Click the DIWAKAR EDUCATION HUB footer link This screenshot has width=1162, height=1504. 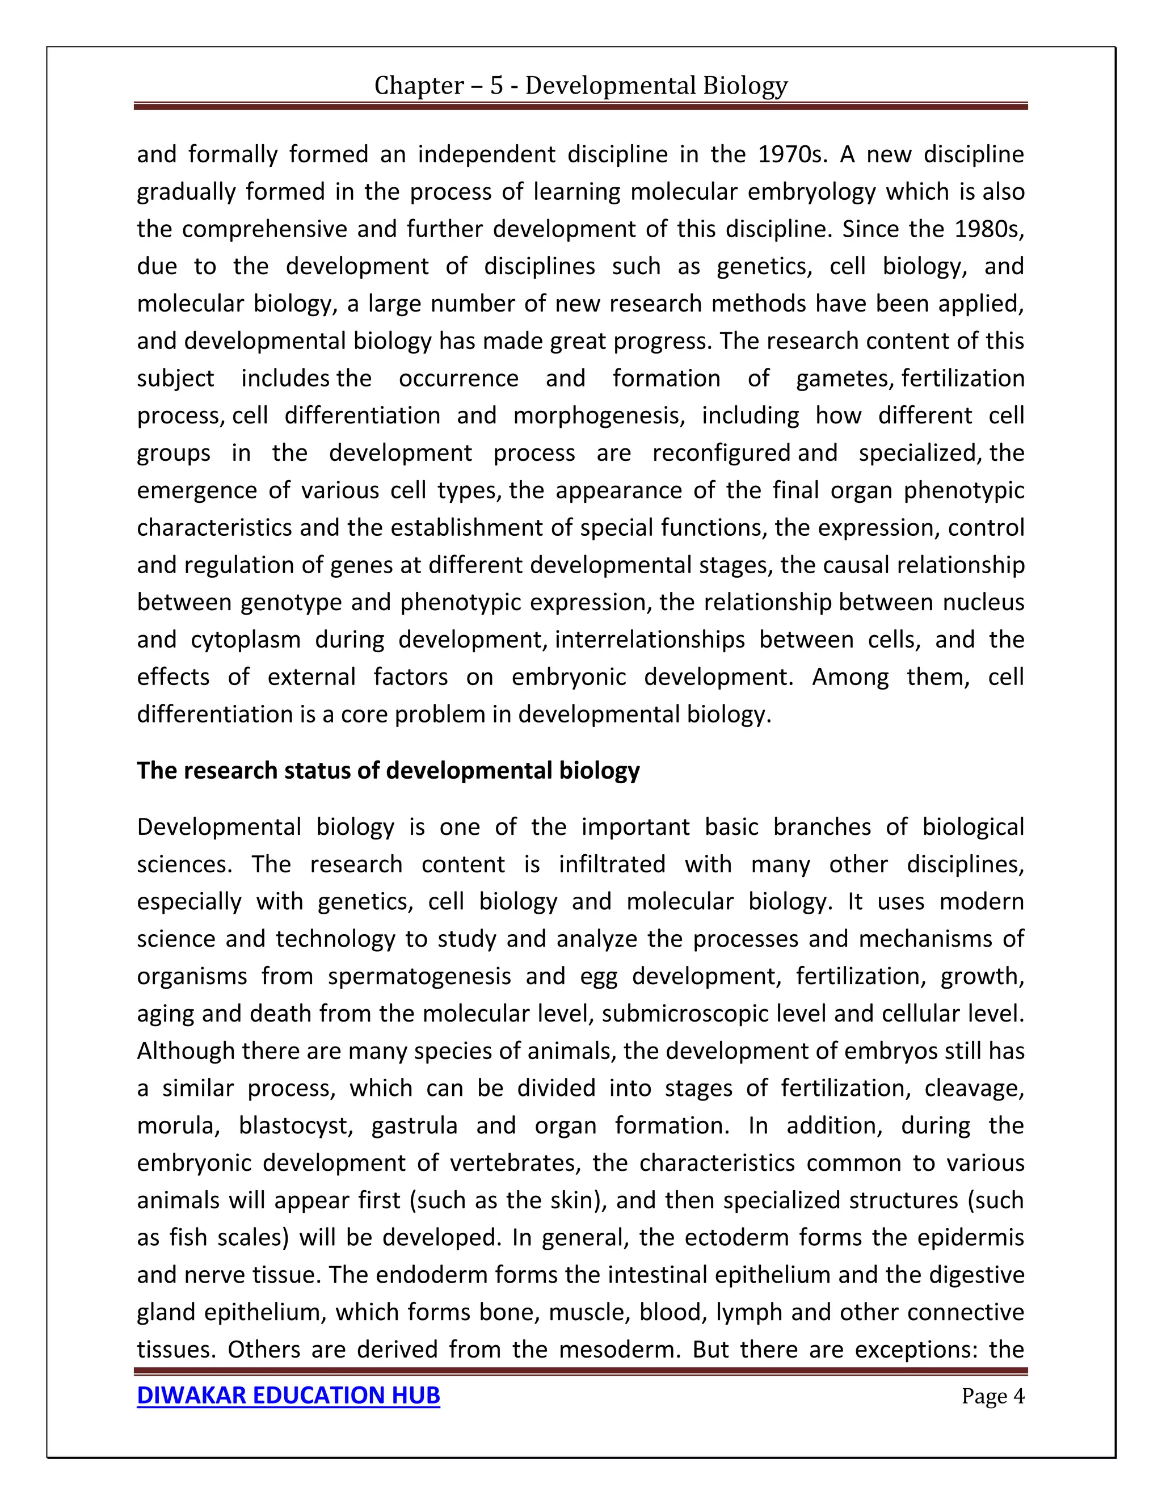[288, 1395]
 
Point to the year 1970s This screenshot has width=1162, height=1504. [790, 154]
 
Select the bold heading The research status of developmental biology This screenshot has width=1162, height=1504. [388, 770]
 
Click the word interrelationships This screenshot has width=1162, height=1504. [649, 640]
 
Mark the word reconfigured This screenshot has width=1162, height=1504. [721, 453]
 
